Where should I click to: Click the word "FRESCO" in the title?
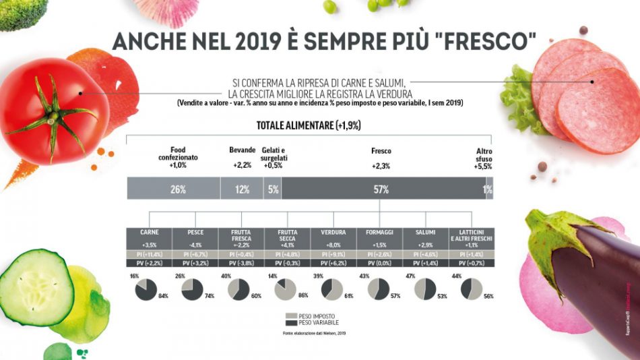(484, 41)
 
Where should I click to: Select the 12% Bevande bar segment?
(242, 189)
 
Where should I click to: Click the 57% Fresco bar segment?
(381, 189)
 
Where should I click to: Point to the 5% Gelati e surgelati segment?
(273, 189)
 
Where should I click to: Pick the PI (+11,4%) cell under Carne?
(150, 254)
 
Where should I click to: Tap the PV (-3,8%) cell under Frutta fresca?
(242, 263)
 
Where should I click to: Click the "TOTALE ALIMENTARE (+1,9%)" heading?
(309, 125)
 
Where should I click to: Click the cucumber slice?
(34, 287)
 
